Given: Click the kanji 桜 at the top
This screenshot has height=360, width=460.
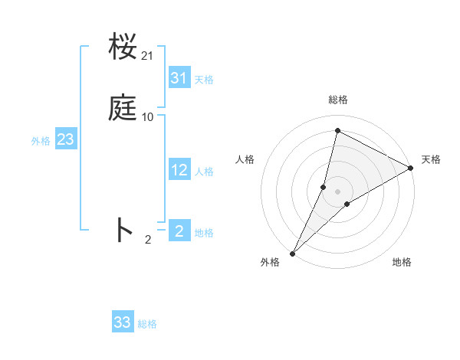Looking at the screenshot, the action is pyautogui.click(x=123, y=47).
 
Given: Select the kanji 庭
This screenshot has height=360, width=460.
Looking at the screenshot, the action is pyautogui.click(x=123, y=109).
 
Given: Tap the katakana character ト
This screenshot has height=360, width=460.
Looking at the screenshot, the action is pyautogui.click(x=123, y=230).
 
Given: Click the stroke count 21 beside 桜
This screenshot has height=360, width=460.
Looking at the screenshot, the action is pyautogui.click(x=148, y=56).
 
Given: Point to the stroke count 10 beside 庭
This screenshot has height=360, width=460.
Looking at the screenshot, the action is pyautogui.click(x=148, y=117).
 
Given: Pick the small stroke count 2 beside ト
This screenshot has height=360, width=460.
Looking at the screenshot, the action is pyautogui.click(x=148, y=240).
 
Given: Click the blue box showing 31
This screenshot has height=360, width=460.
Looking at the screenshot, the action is pyautogui.click(x=179, y=77).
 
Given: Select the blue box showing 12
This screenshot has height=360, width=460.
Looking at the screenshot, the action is pyautogui.click(x=179, y=170).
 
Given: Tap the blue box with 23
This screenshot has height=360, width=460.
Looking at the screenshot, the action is pyautogui.click(x=65, y=139).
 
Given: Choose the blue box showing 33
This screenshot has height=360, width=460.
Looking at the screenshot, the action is pyautogui.click(x=123, y=322).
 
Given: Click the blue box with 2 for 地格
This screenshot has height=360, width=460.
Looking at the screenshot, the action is pyautogui.click(x=179, y=230).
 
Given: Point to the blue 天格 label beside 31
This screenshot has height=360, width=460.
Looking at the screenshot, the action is pyautogui.click(x=204, y=79).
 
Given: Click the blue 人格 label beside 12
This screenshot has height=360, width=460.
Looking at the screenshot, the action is pyautogui.click(x=204, y=172).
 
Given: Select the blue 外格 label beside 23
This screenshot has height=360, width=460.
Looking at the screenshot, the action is pyautogui.click(x=41, y=141).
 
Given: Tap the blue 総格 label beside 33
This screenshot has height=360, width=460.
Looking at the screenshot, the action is pyautogui.click(x=147, y=324).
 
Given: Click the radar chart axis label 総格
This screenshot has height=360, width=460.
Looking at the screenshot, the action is pyautogui.click(x=338, y=100).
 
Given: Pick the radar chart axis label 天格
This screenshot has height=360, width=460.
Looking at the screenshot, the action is pyautogui.click(x=431, y=159).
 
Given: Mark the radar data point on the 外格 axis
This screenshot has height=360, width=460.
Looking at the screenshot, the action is pyautogui.click(x=292, y=253).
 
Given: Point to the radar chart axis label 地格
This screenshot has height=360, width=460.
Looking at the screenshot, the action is pyautogui.click(x=402, y=263).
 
